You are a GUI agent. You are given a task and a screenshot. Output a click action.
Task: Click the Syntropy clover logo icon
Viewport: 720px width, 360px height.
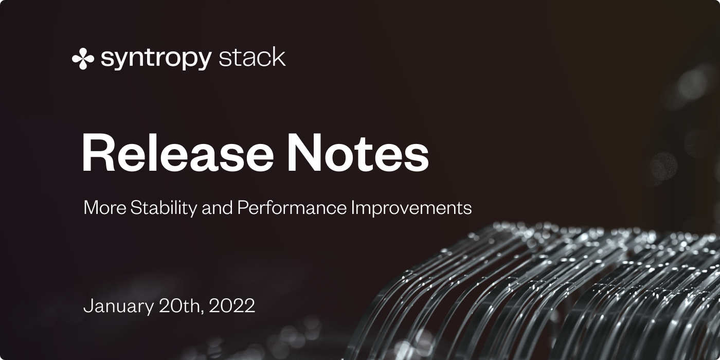(x=83, y=59)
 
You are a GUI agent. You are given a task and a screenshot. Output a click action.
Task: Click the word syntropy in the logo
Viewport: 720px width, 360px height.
(x=156, y=59)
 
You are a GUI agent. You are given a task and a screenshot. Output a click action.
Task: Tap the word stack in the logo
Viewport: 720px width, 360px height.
(x=252, y=57)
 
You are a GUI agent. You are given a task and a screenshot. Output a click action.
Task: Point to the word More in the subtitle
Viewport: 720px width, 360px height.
(x=105, y=208)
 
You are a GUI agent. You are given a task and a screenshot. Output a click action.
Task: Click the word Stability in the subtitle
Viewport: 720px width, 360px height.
(x=164, y=208)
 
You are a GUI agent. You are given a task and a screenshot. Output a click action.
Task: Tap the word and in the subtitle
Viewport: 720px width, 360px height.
(x=217, y=207)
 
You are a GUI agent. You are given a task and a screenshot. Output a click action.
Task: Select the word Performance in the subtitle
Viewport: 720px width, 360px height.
(x=292, y=207)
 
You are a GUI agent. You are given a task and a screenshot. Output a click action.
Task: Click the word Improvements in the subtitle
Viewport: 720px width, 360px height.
(x=411, y=208)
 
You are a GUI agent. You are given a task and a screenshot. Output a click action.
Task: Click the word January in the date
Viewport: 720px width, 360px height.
(x=119, y=306)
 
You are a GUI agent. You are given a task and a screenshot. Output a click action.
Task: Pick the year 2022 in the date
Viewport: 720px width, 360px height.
(x=232, y=305)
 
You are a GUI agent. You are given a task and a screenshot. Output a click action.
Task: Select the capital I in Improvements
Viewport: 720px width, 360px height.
(x=353, y=208)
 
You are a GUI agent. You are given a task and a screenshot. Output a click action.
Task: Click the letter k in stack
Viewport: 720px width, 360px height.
(x=279, y=57)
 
